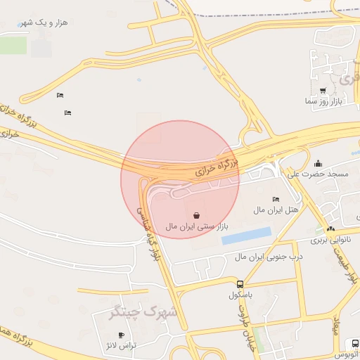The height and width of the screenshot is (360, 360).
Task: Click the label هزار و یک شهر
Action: point(44,22)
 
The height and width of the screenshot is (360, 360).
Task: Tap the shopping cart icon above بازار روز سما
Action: point(323,91)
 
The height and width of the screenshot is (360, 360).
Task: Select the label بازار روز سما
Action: point(323,102)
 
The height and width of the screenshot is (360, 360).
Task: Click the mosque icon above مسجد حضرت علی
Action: point(318,163)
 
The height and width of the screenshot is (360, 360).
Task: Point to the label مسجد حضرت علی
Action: point(318,174)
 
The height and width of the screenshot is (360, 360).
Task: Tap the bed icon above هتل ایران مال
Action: point(275,200)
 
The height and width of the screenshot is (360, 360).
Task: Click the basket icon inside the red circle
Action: point(196,214)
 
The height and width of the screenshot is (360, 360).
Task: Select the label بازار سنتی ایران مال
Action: point(198,226)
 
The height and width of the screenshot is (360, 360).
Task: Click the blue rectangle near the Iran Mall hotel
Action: point(246,236)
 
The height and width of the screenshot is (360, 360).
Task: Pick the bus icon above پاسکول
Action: point(240,285)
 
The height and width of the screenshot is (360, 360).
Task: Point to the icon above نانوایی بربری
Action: point(330,229)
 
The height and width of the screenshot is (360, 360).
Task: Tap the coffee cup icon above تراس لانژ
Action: point(122,335)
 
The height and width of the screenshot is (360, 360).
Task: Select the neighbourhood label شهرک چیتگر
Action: point(134,312)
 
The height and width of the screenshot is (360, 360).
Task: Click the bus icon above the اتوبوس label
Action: point(354,343)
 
